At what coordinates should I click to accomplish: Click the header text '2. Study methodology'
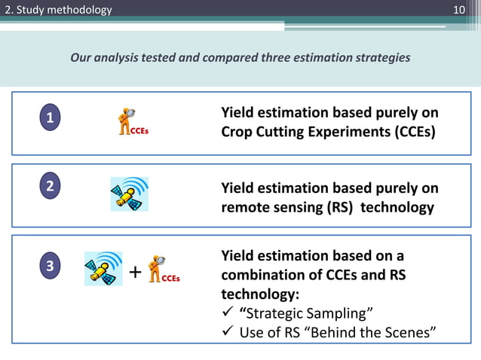click(x=57, y=10)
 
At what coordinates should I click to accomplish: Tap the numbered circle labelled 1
click(x=50, y=118)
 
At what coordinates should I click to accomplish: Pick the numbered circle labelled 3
click(x=50, y=266)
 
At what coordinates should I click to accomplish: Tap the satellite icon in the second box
click(x=129, y=194)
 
